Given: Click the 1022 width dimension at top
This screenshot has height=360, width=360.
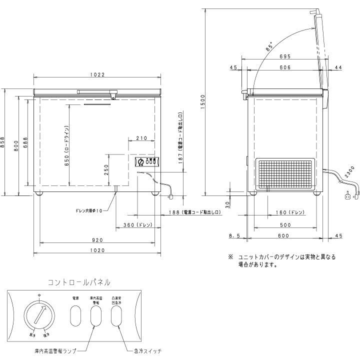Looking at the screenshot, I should (x=97, y=74).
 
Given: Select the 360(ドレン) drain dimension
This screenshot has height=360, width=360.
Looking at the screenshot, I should (x=137, y=225).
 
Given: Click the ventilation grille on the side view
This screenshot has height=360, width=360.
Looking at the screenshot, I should (x=283, y=172).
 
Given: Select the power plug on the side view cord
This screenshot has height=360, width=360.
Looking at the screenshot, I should (x=345, y=196).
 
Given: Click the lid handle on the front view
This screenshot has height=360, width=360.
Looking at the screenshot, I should (x=98, y=91).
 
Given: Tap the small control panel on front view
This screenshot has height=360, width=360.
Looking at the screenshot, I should (x=147, y=161).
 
